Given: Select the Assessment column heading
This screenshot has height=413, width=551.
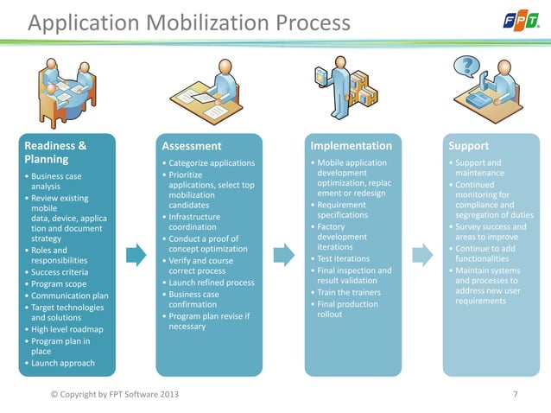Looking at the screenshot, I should coord(193,146).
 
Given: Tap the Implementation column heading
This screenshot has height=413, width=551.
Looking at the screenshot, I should coord(351,146).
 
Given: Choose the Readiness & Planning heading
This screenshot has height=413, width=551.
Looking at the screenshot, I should coord(56,153).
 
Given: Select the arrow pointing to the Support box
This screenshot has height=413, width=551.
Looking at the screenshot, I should coord(422,255).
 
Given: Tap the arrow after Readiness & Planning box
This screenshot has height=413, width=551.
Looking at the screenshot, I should coord(136,255).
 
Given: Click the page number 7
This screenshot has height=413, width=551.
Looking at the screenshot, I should coord(516,395).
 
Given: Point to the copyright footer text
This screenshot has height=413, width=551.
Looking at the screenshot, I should coord(117,395).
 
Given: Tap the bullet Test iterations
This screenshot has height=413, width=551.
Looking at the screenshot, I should coord(345,258).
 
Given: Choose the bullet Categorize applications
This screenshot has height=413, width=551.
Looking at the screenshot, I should coord(211,163).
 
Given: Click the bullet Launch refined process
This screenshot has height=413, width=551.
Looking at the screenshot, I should coord(211,283).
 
